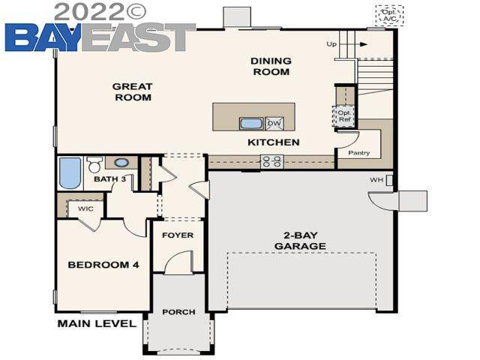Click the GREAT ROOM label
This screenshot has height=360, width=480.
pyautogui.click(x=132, y=92)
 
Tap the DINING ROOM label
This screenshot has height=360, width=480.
pyautogui.click(x=270, y=67)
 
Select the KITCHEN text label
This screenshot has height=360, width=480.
pyautogui.click(x=274, y=142)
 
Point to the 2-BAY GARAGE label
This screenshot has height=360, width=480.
pyautogui.click(x=300, y=241)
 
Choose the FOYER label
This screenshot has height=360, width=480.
pyautogui.click(x=178, y=235)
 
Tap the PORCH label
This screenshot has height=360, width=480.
pyautogui.click(x=178, y=312)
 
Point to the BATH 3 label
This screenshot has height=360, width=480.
pyautogui.click(x=109, y=180)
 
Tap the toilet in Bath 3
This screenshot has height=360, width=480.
pyautogui.click(x=94, y=163)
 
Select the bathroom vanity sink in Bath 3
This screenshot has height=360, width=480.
pyautogui.click(x=121, y=162)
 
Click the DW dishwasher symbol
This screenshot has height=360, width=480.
pyautogui.click(x=274, y=124)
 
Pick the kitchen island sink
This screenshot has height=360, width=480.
pyautogui.click(x=250, y=124)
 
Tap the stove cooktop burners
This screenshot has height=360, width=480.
pyautogui.click(x=271, y=160)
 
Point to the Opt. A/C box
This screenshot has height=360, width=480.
pyautogui.click(x=389, y=16)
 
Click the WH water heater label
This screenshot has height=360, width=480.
pyautogui.click(x=376, y=181)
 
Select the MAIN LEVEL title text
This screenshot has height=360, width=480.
pyautogui.click(x=97, y=324)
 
